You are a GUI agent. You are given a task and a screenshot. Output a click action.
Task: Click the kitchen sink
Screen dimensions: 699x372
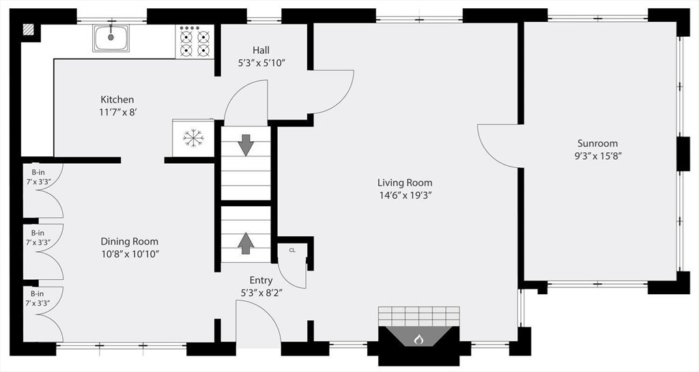[x=111, y=38]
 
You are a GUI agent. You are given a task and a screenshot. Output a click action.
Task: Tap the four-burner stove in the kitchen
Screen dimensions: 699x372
[x=195, y=41]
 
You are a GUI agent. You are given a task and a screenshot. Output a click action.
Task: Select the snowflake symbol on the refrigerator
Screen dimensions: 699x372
[x=193, y=138]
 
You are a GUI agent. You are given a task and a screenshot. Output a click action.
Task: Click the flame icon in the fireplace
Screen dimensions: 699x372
[x=418, y=339]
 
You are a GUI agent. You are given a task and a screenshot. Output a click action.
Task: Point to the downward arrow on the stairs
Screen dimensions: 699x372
[x=246, y=145]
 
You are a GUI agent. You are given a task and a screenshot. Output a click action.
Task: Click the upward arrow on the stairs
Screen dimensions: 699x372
[x=246, y=242]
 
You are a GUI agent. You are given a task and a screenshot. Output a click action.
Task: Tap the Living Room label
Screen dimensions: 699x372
[x=405, y=183]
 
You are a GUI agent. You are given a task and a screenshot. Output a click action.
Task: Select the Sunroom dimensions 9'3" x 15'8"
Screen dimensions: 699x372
[x=598, y=156]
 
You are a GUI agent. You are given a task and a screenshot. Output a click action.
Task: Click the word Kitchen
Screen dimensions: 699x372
[x=117, y=100]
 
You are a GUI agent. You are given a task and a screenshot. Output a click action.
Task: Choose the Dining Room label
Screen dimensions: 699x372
[x=129, y=242]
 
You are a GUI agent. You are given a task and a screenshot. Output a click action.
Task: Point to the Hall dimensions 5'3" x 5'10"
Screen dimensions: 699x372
[x=261, y=63]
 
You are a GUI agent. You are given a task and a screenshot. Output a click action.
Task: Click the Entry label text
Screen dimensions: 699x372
[x=261, y=281]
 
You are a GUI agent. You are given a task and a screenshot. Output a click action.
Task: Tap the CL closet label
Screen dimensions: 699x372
[x=292, y=251]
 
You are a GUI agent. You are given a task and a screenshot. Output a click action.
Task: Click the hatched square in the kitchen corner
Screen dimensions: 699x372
[x=29, y=29]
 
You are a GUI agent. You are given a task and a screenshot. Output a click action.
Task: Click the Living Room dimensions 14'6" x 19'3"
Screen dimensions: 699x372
[x=405, y=195]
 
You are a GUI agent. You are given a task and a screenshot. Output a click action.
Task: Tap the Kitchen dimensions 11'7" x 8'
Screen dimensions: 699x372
[x=117, y=112]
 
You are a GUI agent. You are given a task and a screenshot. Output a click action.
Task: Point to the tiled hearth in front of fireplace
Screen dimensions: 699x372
[x=418, y=316]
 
